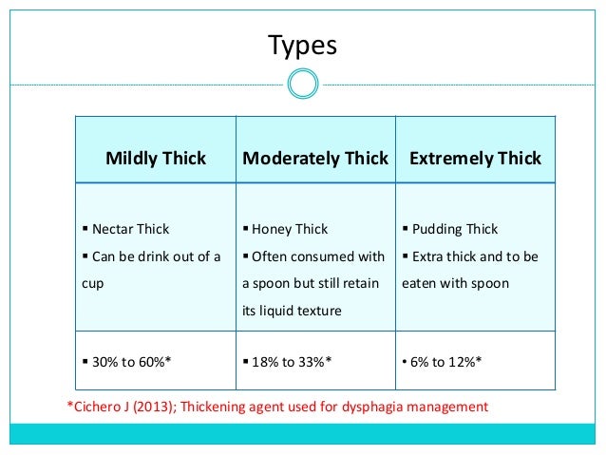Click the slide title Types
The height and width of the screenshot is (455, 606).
click(302, 45)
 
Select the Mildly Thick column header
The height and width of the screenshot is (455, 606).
click(156, 159)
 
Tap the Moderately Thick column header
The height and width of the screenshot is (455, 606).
click(315, 159)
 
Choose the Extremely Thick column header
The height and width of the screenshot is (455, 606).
click(475, 159)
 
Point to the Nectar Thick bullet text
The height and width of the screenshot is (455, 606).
click(130, 229)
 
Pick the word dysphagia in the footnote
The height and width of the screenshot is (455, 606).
click(382, 407)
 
